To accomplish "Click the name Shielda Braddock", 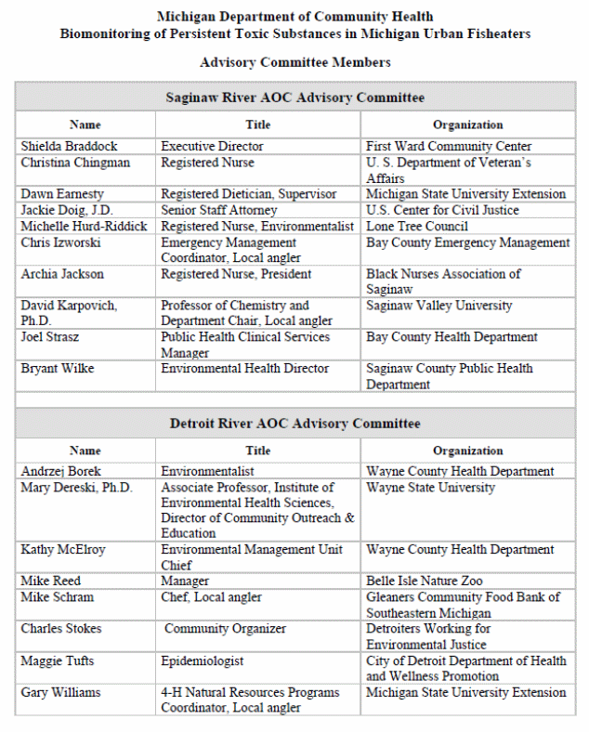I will coord(69,147).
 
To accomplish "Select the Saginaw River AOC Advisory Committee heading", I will coord(294,98).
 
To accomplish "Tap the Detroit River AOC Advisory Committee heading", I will coord(294,424).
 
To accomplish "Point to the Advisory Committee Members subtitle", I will coord(294,62).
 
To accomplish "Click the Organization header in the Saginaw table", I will coord(467,124).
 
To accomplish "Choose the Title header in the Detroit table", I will coord(258,451).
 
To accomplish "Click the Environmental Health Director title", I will coord(244,369).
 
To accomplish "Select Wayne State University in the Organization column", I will coord(430,488).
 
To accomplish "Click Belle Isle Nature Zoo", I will coord(424,582).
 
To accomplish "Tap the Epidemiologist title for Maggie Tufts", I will coord(203,660).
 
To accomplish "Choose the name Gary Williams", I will coord(61,692).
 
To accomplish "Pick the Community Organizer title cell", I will coord(226,629).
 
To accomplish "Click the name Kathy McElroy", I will coord(63,550).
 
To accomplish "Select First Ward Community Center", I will coord(449,147).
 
